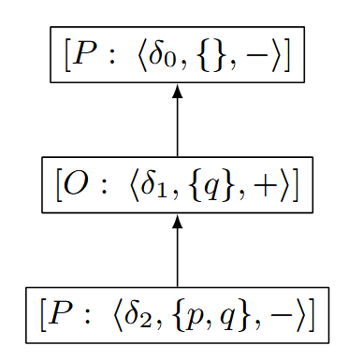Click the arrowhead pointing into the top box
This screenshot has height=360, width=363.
(177, 93)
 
